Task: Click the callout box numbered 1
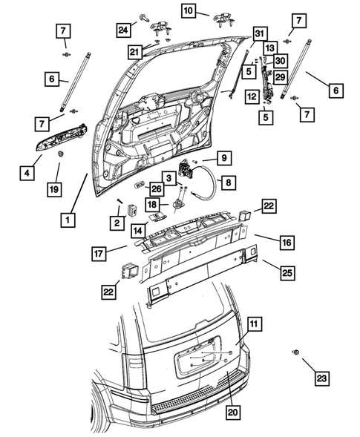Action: pyautogui.click(x=68, y=220)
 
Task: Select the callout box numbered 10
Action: pyautogui.click(x=187, y=10)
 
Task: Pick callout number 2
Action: pyautogui.click(x=117, y=223)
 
